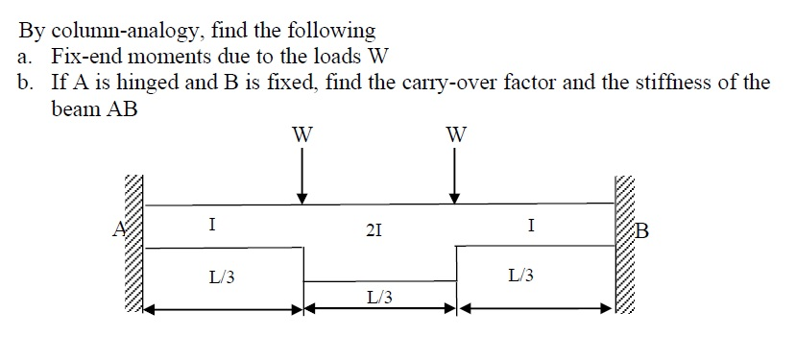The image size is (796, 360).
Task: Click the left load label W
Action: pos(302,134)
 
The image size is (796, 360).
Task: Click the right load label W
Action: pos(455,134)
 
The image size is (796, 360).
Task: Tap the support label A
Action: pos(118,230)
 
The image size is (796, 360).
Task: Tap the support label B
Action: pos(642,230)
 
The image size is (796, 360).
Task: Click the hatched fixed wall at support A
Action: pos(133,245)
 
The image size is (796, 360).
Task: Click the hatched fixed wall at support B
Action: pos(625,245)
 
